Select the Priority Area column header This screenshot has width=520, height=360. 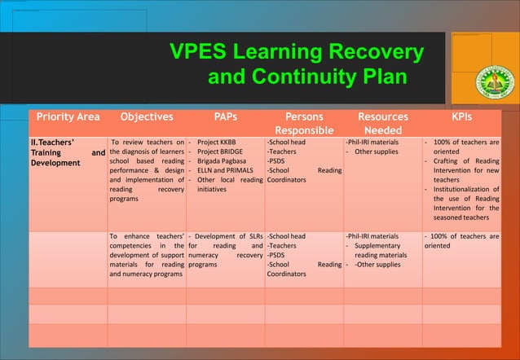tap(66, 117)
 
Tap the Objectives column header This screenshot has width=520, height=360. tap(146, 117)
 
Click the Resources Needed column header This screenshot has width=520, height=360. tap(382, 124)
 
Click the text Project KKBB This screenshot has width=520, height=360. tap(217, 142)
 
